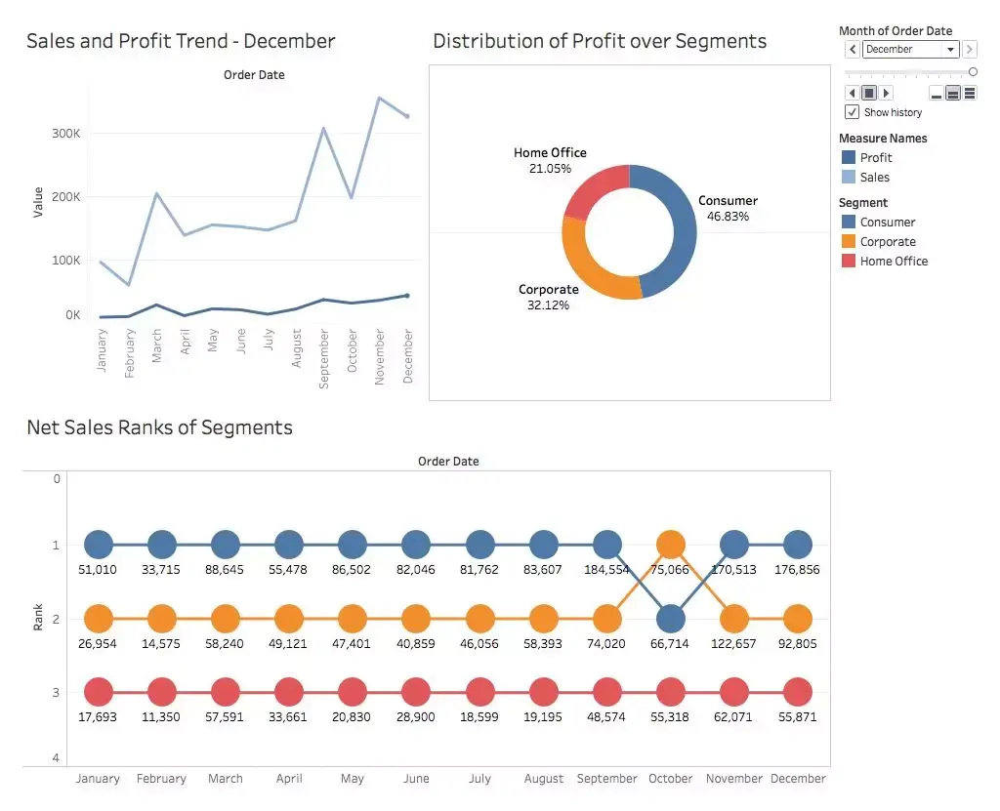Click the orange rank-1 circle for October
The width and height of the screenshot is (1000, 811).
670,545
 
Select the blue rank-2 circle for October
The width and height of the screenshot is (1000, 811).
670,619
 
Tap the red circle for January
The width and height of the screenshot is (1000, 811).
99,693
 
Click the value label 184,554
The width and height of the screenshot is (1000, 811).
606,570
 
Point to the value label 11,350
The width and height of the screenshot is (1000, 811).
161,717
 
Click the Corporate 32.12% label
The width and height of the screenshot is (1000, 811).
548,298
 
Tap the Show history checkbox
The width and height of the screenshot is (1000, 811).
853,112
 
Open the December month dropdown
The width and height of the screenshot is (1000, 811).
950,50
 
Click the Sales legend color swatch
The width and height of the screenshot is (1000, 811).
848,178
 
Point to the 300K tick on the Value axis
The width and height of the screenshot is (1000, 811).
65,134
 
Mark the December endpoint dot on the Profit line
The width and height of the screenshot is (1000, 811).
407,296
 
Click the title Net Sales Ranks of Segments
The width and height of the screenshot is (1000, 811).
159,427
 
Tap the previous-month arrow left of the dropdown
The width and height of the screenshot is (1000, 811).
853,50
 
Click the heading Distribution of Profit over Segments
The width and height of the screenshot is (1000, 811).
600,41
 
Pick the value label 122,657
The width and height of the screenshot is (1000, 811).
734,644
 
